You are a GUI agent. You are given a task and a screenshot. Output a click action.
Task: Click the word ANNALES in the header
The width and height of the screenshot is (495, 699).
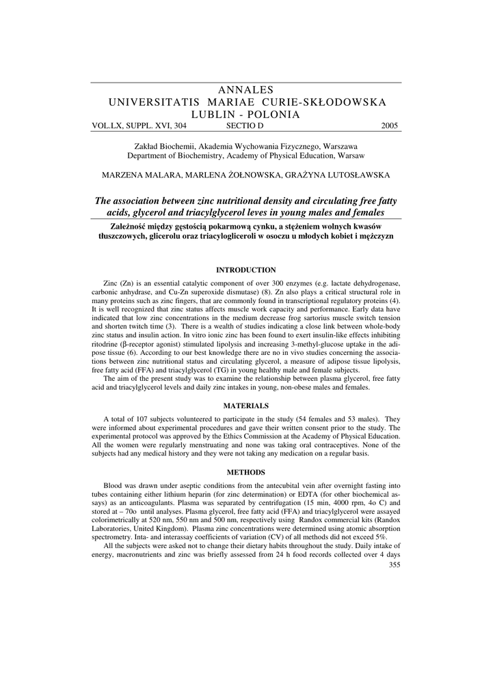[247, 90]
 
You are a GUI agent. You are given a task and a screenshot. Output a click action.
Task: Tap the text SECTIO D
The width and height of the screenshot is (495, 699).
[244, 126]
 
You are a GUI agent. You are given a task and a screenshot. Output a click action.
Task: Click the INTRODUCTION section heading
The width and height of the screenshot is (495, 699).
[246, 270]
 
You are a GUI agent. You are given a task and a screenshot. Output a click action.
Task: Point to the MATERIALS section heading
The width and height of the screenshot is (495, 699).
[246, 405]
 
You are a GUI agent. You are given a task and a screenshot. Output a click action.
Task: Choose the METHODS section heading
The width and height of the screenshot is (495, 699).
[246, 472]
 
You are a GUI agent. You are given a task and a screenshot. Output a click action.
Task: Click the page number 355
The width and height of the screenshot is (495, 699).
[394, 565]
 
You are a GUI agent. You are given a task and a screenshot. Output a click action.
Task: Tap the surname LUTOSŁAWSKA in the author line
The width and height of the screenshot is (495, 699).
[353, 175]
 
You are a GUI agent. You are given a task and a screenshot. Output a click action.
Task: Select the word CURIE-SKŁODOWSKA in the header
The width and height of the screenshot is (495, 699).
[328, 102]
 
